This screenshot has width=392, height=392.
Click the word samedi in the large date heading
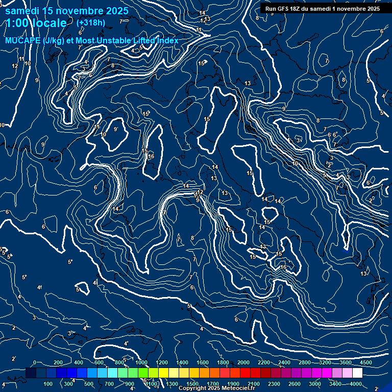point(22,11)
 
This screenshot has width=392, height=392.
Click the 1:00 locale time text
point(36,23)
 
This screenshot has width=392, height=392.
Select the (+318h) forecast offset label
point(90,23)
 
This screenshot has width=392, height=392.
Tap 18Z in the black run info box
point(298,9)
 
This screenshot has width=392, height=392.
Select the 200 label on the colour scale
point(58,362)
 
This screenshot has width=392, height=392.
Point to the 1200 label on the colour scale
point(161,362)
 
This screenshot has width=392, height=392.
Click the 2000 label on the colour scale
point(243,362)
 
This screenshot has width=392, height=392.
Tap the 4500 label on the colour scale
point(366,362)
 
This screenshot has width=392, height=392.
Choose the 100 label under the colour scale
point(48,383)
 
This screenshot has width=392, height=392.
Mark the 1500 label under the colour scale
point(192,383)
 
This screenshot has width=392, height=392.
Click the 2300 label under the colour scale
point(274,383)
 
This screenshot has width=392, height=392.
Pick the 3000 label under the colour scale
point(315,383)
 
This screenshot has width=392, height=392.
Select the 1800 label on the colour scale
point(223,362)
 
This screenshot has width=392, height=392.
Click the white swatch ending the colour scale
point(357,373)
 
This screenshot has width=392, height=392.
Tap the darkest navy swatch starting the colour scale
point(31,373)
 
